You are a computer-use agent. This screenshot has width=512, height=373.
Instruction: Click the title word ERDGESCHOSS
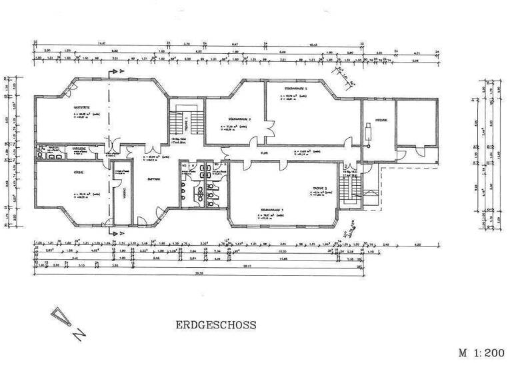point(217,326)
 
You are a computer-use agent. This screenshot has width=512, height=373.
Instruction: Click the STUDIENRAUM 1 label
point(271,210)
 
